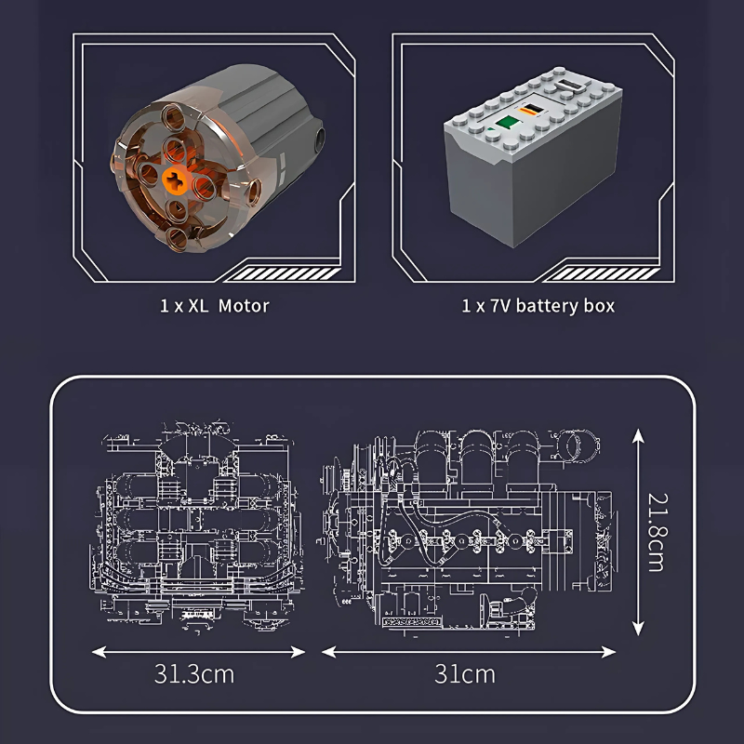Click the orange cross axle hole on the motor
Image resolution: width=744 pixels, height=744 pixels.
tap(175, 180)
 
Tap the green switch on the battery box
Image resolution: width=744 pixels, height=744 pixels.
tap(505, 123)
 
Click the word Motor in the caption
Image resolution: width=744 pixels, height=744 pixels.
tap(244, 306)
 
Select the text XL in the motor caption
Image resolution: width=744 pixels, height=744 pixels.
tap(198, 306)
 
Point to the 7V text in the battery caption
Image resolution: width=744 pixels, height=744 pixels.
tap(500, 306)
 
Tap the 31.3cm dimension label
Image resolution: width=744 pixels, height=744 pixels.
tap(194, 673)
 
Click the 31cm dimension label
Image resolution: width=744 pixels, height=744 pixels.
tap(464, 673)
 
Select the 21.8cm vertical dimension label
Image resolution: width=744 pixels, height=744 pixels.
tap(658, 532)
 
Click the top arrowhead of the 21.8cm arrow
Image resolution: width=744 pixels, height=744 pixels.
tap(638, 434)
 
